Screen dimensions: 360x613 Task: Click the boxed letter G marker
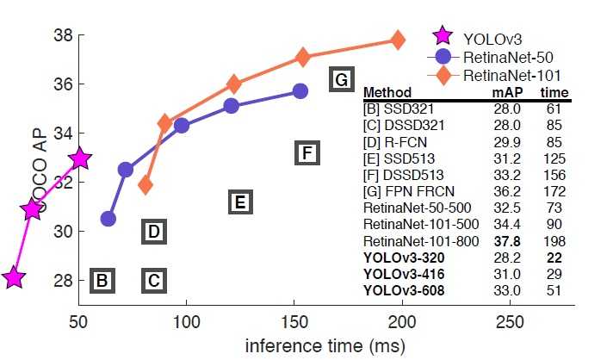coord(342,81)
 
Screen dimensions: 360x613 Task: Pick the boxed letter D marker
coord(152,232)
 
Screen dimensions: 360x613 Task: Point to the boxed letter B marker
coord(102,280)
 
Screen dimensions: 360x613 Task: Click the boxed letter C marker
coord(152,280)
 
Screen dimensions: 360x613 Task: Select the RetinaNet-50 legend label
coord(505,57)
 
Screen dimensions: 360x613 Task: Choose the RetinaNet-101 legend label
coord(509,77)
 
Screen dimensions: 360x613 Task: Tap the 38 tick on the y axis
coord(63,36)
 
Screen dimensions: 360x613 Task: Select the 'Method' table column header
coord(387,93)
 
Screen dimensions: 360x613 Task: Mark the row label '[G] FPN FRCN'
coord(402,191)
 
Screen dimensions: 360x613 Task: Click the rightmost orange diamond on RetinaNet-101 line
coord(398,40)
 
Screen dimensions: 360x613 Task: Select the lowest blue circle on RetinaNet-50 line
coord(108,219)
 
